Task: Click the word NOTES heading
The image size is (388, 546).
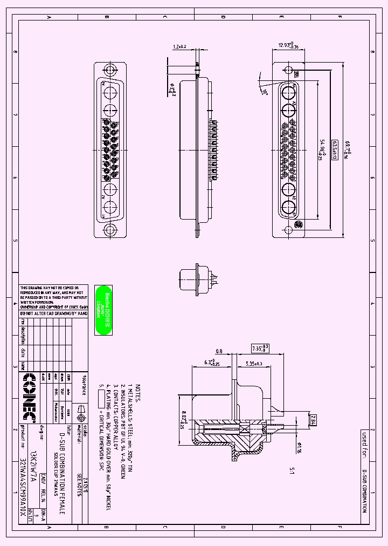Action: tap(138, 393)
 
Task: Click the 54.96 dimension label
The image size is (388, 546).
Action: tap(322, 150)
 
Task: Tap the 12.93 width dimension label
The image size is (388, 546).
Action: tap(288, 46)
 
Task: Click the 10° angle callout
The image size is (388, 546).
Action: tap(265, 92)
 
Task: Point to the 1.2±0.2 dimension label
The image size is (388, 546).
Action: tap(179, 47)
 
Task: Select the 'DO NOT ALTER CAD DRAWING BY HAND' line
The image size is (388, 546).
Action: tap(53, 313)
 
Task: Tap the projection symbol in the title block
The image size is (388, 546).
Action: tap(81, 414)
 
